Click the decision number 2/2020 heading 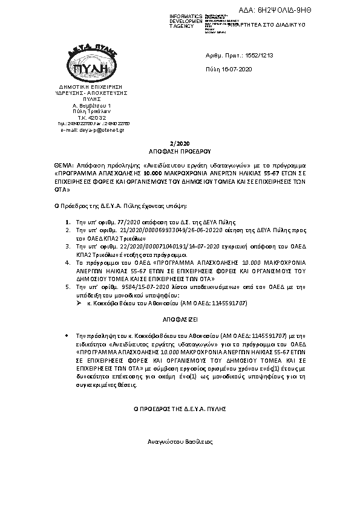[180, 143]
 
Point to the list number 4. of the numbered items [68, 264]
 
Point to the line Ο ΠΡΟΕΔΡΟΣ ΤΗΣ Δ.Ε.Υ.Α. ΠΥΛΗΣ [180, 409]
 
